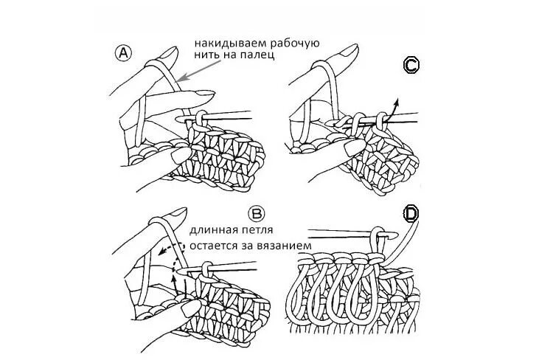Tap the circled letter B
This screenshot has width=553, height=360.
[257, 214]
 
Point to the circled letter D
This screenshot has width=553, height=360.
[411, 214]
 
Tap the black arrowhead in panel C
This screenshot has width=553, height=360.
[397, 100]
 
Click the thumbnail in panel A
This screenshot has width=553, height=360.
[178, 156]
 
